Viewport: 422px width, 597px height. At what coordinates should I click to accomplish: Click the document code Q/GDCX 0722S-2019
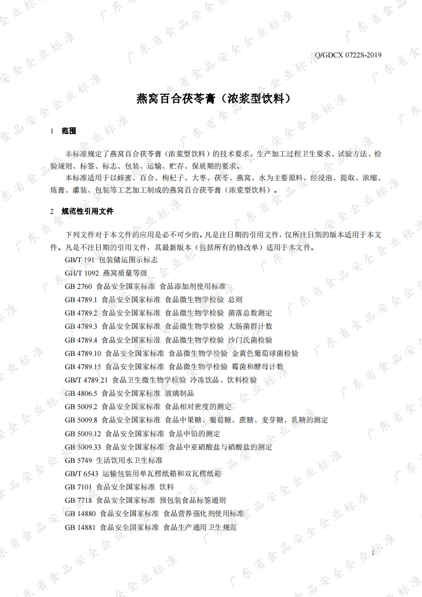tap(349, 55)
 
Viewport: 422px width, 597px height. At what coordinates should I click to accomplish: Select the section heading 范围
tap(69, 131)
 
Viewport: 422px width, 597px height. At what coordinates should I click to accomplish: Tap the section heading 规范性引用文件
tap(87, 211)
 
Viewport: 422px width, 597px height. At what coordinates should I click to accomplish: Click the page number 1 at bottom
tap(373, 554)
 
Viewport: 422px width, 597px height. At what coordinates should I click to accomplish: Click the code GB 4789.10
tap(83, 353)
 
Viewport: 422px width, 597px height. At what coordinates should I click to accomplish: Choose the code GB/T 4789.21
tap(87, 380)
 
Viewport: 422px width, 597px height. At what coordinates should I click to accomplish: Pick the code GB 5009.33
tap(83, 447)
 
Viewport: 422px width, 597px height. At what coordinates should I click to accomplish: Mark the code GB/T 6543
tap(80, 474)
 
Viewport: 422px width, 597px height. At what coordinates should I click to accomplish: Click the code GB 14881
tap(80, 527)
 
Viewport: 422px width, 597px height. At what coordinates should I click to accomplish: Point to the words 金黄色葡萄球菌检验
tap(265, 353)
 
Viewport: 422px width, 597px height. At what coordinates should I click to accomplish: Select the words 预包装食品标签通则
tap(193, 501)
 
